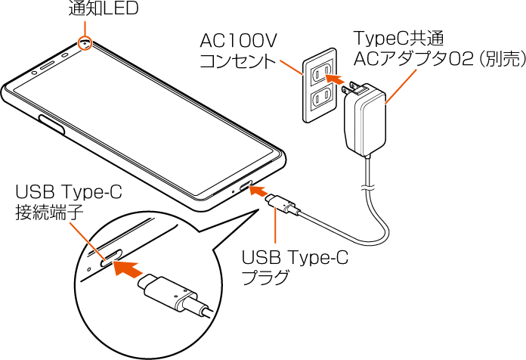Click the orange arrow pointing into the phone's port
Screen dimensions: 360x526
click(x=259, y=194)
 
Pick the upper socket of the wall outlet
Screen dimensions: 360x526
click(x=320, y=72)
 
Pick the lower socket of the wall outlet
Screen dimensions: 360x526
click(x=321, y=97)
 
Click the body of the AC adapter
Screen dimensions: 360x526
click(x=364, y=121)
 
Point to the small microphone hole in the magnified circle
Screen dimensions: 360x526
click(x=88, y=265)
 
